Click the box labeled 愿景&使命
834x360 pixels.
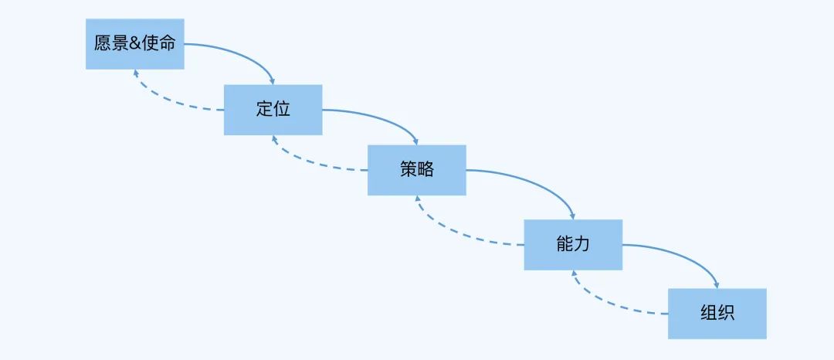tap(134, 44)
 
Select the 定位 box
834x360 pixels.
tap(273, 109)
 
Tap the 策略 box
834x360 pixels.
tap(417, 170)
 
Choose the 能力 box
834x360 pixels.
tap(573, 245)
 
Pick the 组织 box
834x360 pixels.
tap(717, 314)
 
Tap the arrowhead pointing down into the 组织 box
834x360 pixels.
tap(716, 284)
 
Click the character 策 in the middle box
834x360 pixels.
tap(409, 170)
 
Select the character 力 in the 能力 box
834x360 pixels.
tap(582, 245)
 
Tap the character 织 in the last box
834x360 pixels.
tap(725, 314)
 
